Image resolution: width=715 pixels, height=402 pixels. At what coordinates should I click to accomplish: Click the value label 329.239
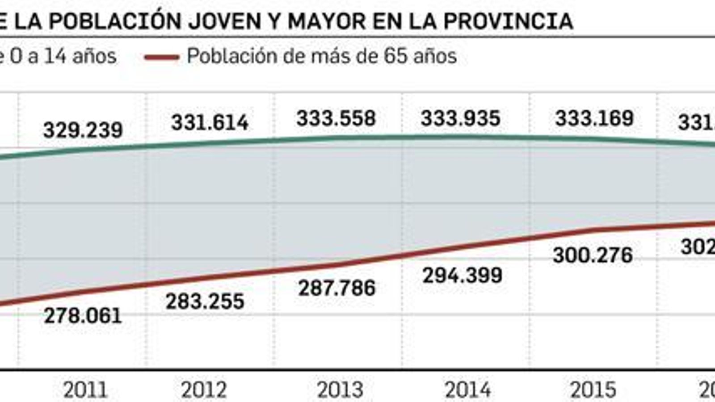[83, 130]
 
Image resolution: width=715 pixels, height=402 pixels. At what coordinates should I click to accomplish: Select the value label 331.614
[210, 123]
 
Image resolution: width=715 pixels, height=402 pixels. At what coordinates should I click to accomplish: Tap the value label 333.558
[336, 119]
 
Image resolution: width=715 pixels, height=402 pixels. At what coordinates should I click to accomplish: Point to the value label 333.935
[460, 119]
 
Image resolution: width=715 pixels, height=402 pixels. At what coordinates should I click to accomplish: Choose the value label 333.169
[594, 119]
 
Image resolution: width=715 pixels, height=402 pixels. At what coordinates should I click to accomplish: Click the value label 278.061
[83, 316]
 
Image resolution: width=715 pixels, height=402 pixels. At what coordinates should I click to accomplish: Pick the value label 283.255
[205, 301]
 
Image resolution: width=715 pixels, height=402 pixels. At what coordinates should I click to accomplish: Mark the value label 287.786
[336, 288]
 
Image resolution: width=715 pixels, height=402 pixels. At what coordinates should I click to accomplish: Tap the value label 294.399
[462, 275]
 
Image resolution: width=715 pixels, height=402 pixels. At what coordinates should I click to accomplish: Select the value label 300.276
[593, 255]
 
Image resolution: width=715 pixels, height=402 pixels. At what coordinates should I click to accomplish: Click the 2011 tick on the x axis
[85, 390]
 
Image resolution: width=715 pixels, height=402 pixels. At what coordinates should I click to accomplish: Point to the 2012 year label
[204, 390]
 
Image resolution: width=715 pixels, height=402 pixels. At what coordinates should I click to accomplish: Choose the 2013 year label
[340, 390]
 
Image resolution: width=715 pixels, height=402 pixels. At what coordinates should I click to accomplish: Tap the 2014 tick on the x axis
[467, 390]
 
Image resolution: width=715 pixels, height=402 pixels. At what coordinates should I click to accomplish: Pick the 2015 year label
[593, 390]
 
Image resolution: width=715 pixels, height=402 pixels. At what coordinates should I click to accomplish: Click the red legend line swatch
[162, 57]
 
